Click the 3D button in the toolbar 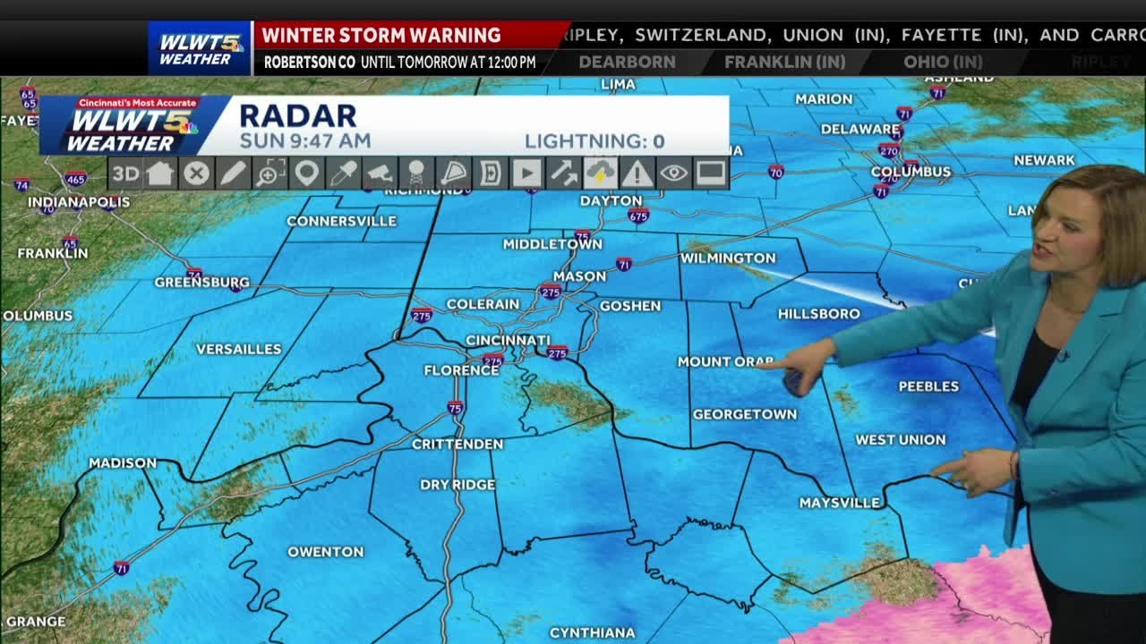[124, 174]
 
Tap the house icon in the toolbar [160, 174]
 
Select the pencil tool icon [233, 174]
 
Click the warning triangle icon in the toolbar [637, 174]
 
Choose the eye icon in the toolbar [673, 174]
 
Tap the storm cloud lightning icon [600, 174]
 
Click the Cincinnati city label [508, 340]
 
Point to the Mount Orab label [724, 362]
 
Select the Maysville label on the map [839, 504]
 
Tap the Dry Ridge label [458, 485]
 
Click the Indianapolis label [79, 202]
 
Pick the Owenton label [325, 552]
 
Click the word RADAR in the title [297, 115]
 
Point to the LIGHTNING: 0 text [594, 141]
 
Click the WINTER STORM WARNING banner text [381, 35]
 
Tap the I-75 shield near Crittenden [455, 407]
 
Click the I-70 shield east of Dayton [775, 172]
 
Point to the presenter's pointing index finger [772, 363]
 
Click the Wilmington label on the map [728, 258]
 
